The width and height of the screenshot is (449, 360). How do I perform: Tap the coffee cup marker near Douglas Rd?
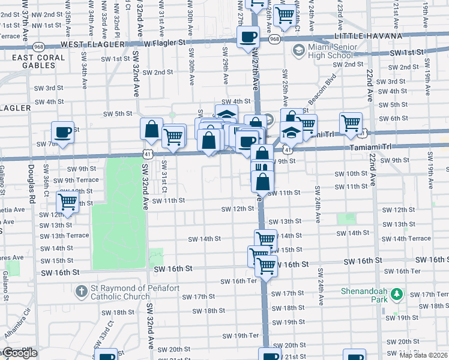point(62,131)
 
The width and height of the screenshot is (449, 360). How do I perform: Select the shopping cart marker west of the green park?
point(68,202)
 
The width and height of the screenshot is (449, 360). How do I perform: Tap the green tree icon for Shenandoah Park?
point(396,294)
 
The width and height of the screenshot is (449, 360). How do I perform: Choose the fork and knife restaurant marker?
point(262,166)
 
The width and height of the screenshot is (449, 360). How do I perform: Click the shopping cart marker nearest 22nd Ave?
point(351,123)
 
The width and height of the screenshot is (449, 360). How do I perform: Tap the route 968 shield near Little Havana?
point(274,39)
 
